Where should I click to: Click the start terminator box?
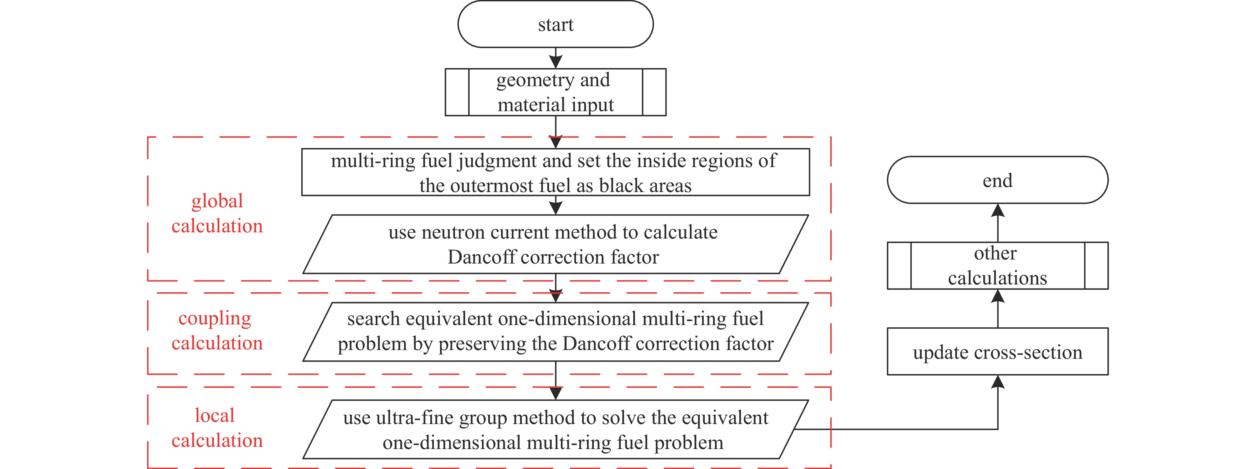(x=555, y=24)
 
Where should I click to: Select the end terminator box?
(x=997, y=180)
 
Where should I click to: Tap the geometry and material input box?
(x=555, y=92)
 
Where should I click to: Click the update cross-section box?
(x=997, y=352)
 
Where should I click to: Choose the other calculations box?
(x=997, y=265)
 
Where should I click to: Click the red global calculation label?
(x=217, y=213)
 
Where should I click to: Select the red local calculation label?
(x=217, y=427)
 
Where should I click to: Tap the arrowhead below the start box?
(x=555, y=62)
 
